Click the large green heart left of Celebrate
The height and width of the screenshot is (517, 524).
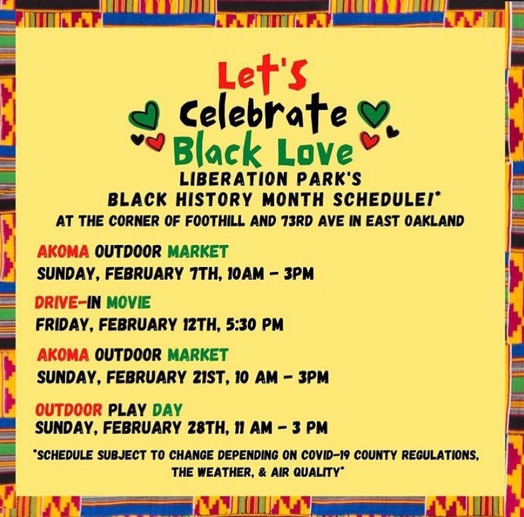[x=144, y=114]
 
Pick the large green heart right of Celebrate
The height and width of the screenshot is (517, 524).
[x=374, y=114]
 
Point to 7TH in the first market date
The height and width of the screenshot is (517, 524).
[x=204, y=274]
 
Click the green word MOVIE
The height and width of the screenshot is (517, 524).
[x=128, y=302]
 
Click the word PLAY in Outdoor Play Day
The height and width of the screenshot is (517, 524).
[x=127, y=410]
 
